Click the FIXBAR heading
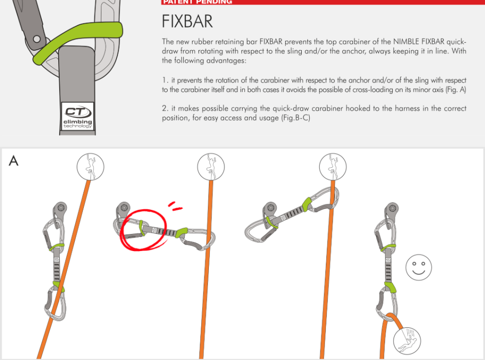[x=187, y=22]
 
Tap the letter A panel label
[x=14, y=161]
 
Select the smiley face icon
[x=419, y=268]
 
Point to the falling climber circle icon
[x=407, y=341]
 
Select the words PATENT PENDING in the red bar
[x=198, y=2]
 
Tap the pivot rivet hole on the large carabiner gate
[x=37, y=39]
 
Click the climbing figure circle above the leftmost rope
[x=90, y=167]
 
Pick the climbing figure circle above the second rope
[x=211, y=167]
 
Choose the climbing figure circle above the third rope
[x=333, y=167]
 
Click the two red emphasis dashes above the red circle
[x=175, y=206]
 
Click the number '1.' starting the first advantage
[x=165, y=80]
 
